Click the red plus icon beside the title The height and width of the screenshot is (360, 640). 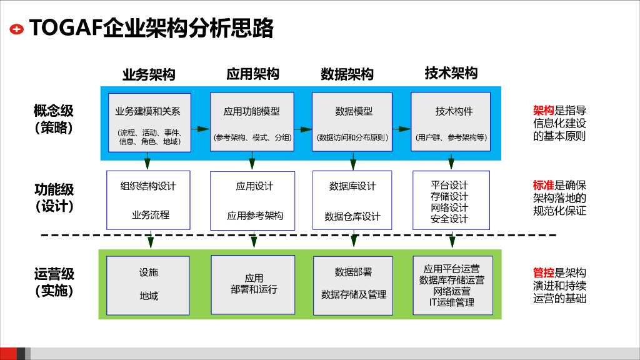tap(17, 29)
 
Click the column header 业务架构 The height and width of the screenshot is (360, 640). tap(149, 75)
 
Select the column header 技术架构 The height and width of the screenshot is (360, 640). tap(451, 73)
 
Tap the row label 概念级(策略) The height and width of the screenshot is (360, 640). tap(54, 119)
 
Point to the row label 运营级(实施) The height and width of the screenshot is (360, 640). tap(54, 282)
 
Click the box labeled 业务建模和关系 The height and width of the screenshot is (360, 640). tap(149, 122)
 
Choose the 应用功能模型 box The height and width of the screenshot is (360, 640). tap(252, 122)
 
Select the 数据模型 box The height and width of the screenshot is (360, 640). tap(352, 122)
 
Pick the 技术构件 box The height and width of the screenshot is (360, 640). tap(451, 122)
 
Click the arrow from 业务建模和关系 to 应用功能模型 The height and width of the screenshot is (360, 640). tap(201, 129)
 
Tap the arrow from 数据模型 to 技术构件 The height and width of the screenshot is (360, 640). tap(402, 129)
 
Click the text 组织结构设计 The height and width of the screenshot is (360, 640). tap(148, 186)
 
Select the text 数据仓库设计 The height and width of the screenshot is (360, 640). tap(352, 216)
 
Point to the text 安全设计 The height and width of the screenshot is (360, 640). tap(449, 219)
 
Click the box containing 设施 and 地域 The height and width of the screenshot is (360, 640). tap(147, 286)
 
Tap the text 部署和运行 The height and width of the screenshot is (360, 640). tap(254, 289)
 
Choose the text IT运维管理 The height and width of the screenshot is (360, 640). tap(451, 302)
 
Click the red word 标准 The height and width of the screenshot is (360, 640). tap(543, 185)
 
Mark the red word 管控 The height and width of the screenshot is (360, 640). tap(543, 272)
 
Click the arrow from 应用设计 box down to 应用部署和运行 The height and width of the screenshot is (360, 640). tap(254, 239)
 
